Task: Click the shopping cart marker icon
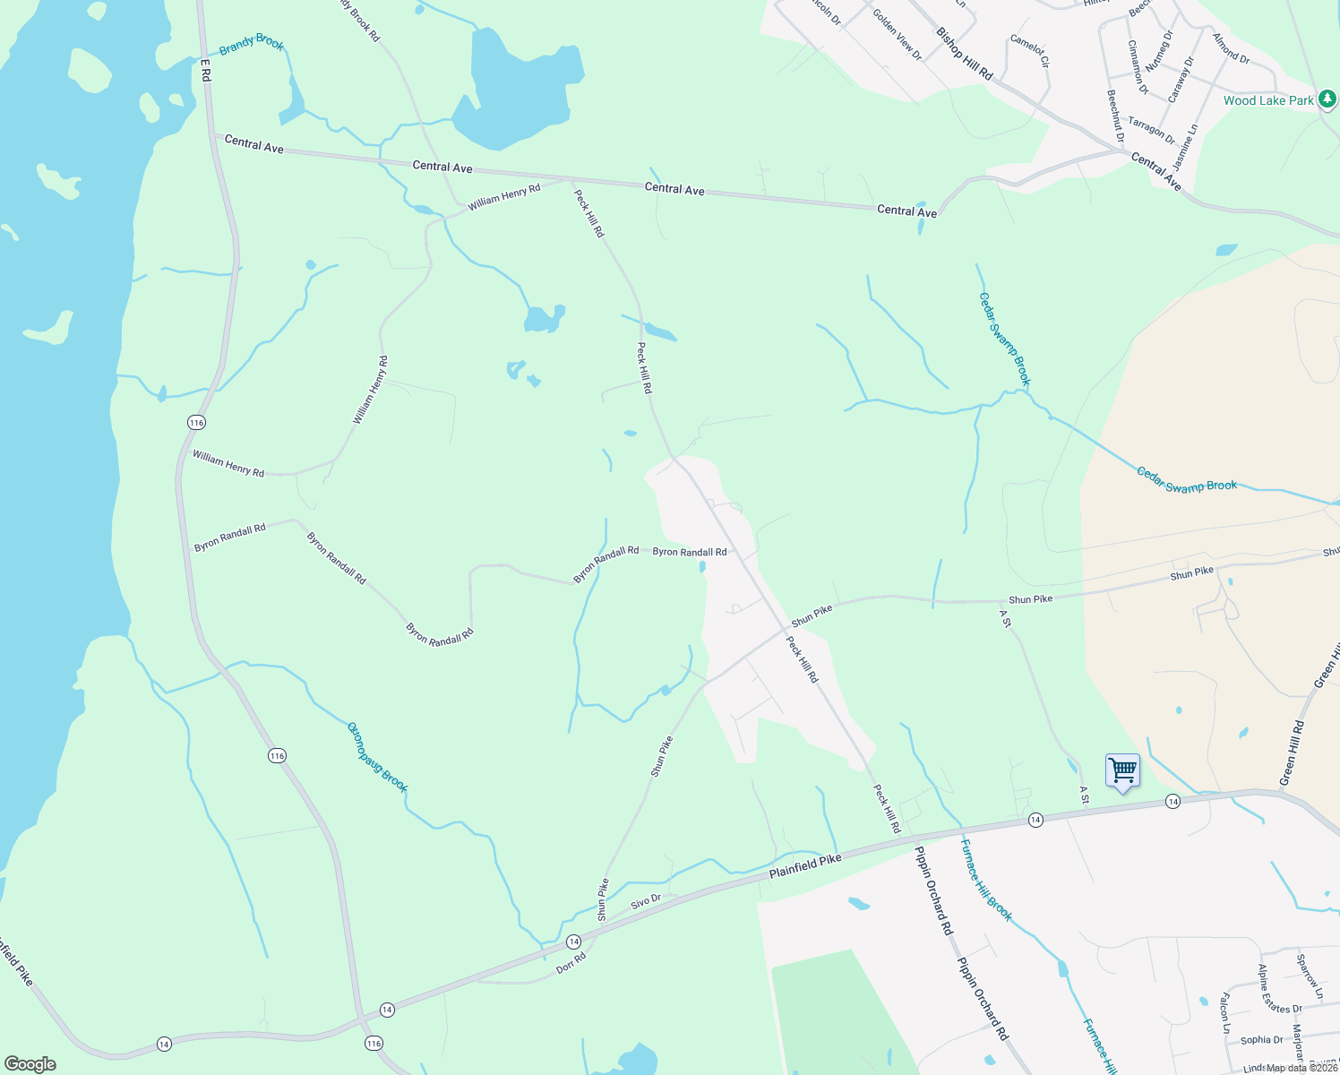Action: pos(1122,771)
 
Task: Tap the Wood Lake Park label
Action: pos(1267,100)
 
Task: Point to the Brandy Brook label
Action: pos(251,43)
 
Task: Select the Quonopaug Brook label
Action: pos(377,757)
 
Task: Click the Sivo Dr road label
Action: pos(646,900)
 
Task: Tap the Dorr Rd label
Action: pos(571,964)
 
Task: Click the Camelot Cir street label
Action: pos(1029,51)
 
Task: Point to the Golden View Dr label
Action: pos(897,35)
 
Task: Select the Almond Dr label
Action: pos(1231,47)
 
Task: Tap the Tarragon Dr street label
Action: pos(1151,131)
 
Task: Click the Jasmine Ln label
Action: pos(1185,147)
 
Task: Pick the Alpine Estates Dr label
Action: pos(1279,989)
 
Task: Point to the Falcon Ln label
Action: pos(1224,1012)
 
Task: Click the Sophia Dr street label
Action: pos(1262,1040)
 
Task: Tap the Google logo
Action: pos(30,1063)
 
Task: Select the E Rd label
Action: pos(205,71)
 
